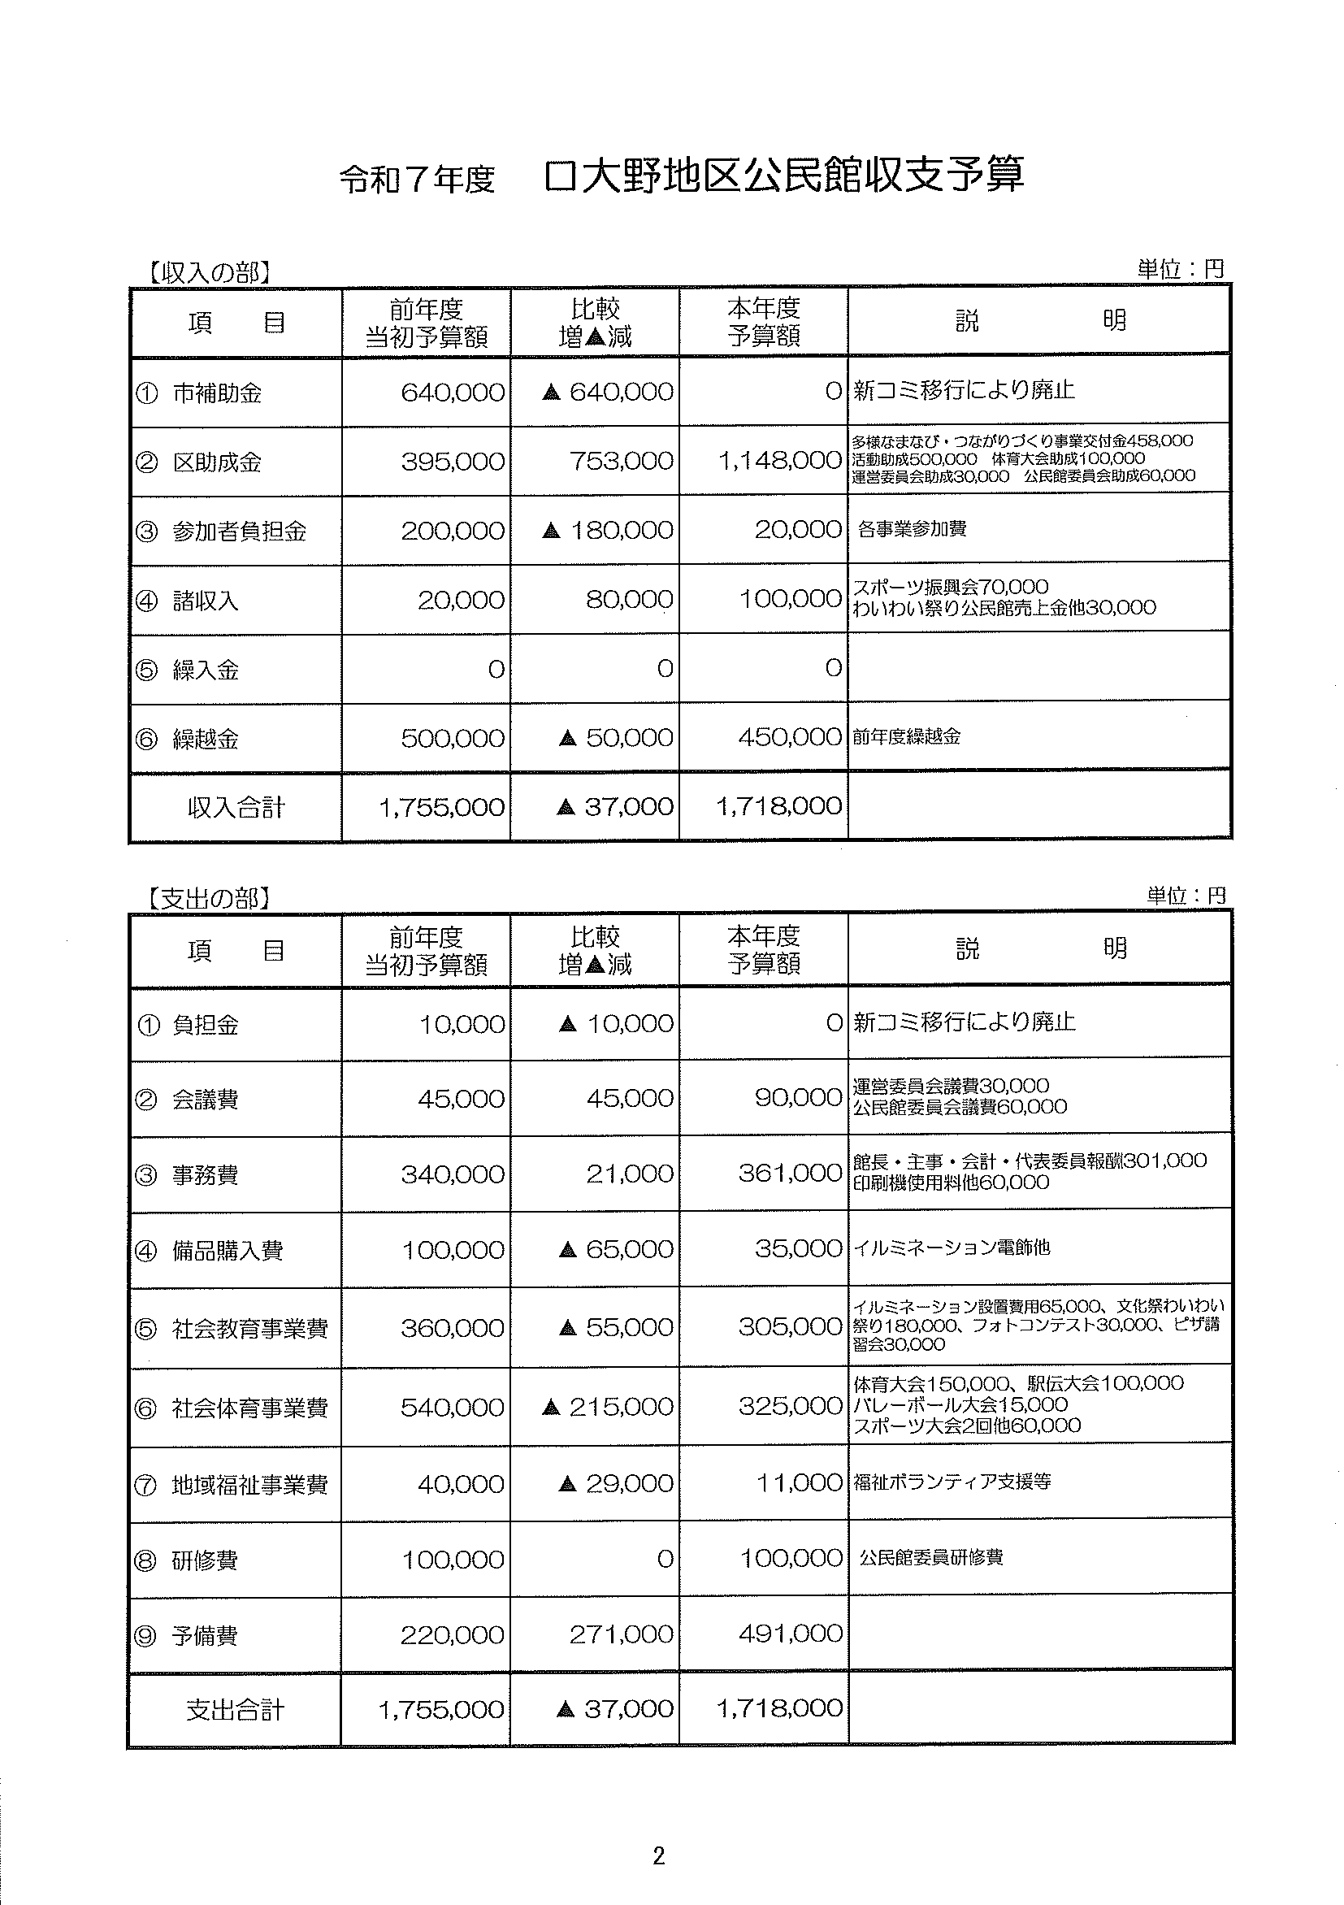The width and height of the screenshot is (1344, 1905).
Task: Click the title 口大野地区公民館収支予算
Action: [x=783, y=176]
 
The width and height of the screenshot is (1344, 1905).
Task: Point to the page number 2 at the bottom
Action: [x=659, y=1855]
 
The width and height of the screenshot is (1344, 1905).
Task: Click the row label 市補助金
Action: [x=216, y=393]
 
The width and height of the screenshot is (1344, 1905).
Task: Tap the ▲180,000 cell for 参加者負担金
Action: [x=607, y=530]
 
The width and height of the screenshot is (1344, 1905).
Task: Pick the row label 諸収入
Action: [x=205, y=600]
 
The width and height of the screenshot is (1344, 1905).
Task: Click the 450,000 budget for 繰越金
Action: [x=790, y=737]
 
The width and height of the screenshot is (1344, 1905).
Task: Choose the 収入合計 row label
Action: [x=236, y=807]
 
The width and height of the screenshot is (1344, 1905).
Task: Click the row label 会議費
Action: [x=205, y=1100]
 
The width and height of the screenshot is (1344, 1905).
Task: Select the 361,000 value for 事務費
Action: [x=790, y=1174]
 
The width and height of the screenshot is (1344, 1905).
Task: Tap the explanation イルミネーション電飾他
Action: [x=952, y=1247]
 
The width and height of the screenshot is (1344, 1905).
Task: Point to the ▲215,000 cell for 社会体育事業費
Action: [x=607, y=1406]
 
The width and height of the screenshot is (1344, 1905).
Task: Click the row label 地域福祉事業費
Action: [x=249, y=1484]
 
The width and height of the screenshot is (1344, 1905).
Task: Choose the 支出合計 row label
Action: [x=236, y=1709]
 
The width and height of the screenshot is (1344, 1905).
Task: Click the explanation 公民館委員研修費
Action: [x=931, y=1557]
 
